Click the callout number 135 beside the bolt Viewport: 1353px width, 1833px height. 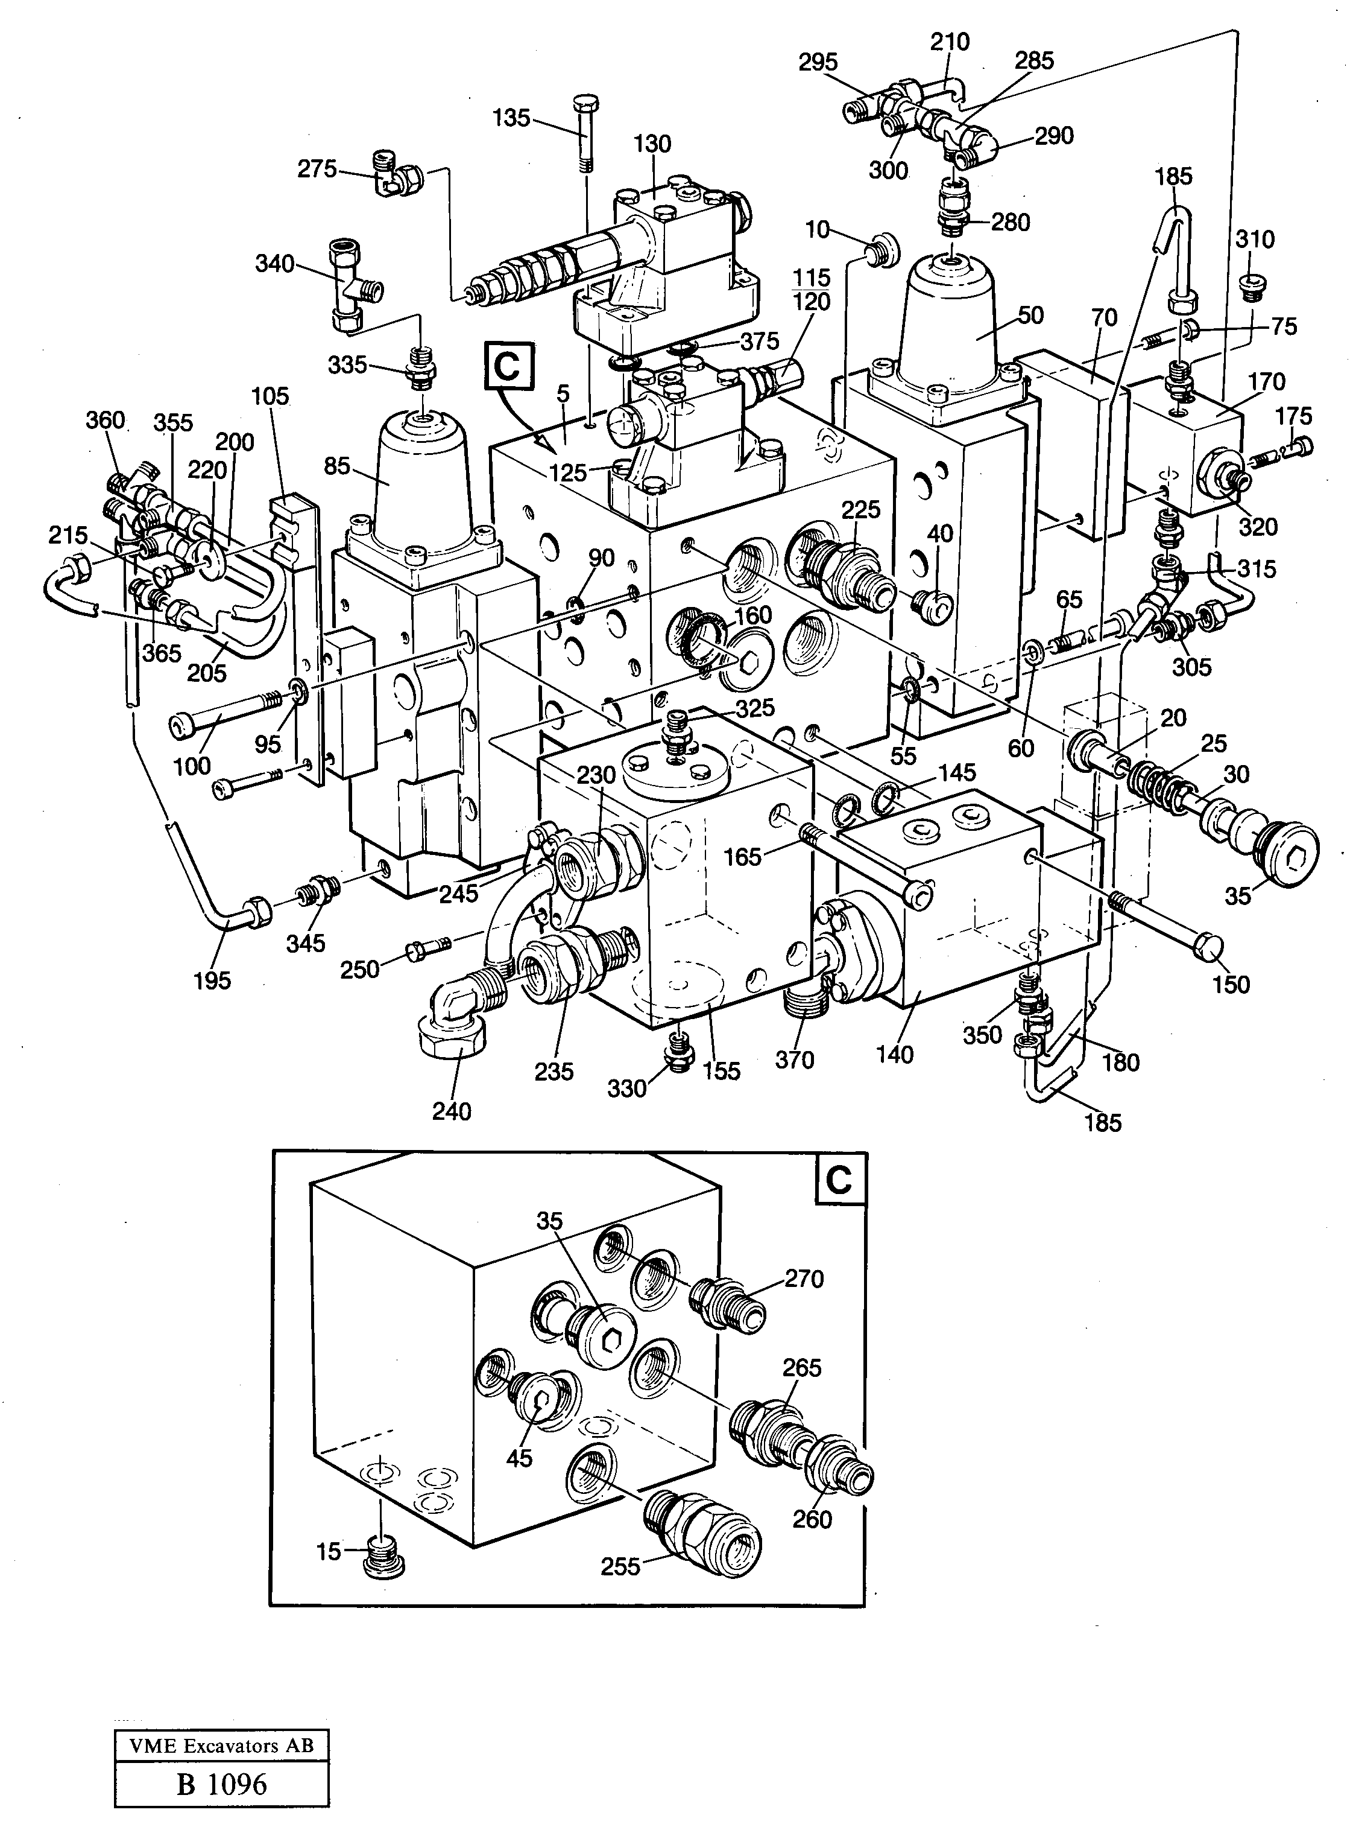coord(511,118)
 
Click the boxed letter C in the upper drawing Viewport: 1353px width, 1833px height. coord(509,366)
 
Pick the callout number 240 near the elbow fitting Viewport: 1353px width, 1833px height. coord(452,1111)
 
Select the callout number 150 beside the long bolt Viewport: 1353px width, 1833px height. coord(1231,983)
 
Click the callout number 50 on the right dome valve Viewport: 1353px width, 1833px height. coord(1030,316)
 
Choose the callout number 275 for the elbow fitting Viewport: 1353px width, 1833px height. coord(318,169)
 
